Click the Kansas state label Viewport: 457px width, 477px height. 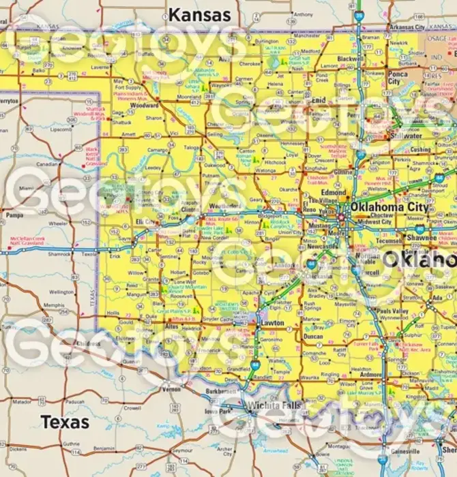point(200,14)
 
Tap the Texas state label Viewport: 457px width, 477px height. point(65,422)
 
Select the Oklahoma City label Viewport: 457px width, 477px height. point(389,207)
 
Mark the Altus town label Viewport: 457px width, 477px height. point(173,327)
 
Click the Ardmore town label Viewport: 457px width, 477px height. point(371,375)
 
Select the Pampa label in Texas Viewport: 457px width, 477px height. point(14,215)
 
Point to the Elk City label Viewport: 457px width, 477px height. point(146,222)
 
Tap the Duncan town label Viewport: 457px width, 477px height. point(313,337)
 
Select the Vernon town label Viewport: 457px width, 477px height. point(171,388)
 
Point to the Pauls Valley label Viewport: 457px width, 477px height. point(392,310)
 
